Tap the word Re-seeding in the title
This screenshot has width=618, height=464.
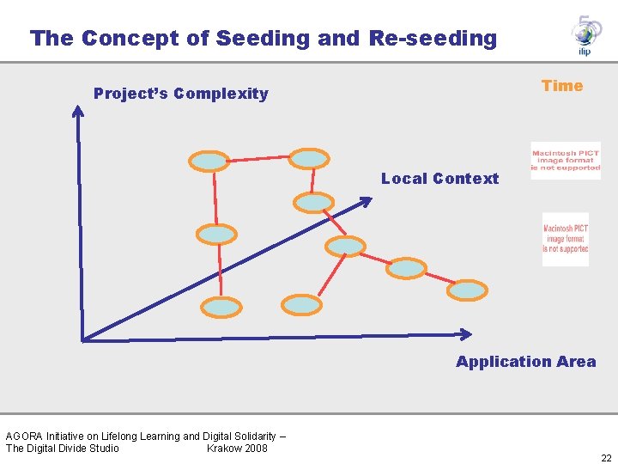click(x=433, y=39)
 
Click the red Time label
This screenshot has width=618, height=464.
click(x=562, y=86)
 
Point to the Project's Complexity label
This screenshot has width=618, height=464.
click(x=181, y=94)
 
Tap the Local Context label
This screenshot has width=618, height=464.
click(x=439, y=179)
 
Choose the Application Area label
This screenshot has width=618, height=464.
click(x=525, y=362)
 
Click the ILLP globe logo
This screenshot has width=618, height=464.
click(x=585, y=35)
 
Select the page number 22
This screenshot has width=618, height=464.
click(x=606, y=458)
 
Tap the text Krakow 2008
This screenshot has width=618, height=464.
click(x=237, y=448)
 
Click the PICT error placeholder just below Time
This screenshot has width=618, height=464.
click(x=566, y=161)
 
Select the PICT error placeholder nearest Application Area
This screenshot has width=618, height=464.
click(x=566, y=239)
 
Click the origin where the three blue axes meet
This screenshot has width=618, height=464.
click(x=83, y=337)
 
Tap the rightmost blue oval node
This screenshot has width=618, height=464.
click(x=468, y=290)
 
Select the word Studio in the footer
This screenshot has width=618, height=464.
click(x=101, y=448)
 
